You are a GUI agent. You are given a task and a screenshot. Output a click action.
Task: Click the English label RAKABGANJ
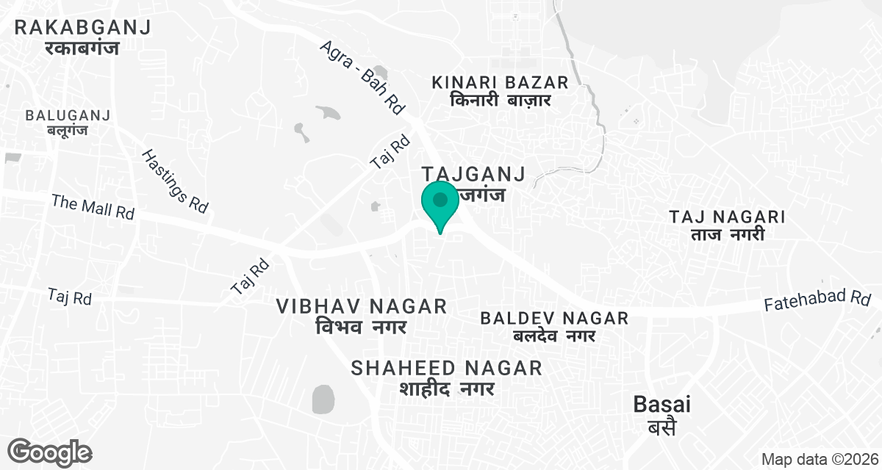click(83, 28)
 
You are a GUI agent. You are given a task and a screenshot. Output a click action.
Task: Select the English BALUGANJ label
click(68, 116)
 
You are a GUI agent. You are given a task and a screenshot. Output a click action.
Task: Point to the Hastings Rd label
click(174, 181)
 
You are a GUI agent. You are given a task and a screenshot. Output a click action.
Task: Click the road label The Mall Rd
click(93, 206)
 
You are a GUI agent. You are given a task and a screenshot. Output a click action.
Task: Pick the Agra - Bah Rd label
click(362, 77)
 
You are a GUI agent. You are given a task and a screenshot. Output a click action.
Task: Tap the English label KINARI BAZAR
click(501, 82)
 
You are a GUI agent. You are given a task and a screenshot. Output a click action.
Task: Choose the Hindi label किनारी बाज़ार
click(501, 101)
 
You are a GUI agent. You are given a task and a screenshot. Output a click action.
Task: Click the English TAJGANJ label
click(473, 175)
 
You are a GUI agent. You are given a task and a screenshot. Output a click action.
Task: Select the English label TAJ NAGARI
click(728, 217)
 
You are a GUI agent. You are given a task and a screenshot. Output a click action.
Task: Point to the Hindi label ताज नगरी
click(728, 235)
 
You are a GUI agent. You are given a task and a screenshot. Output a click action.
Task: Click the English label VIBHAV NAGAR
click(362, 306)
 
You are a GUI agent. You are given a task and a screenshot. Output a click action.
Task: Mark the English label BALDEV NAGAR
click(554, 318)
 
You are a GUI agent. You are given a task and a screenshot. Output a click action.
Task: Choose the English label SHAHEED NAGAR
click(447, 368)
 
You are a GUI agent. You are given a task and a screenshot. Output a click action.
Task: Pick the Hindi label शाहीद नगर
click(447, 388)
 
